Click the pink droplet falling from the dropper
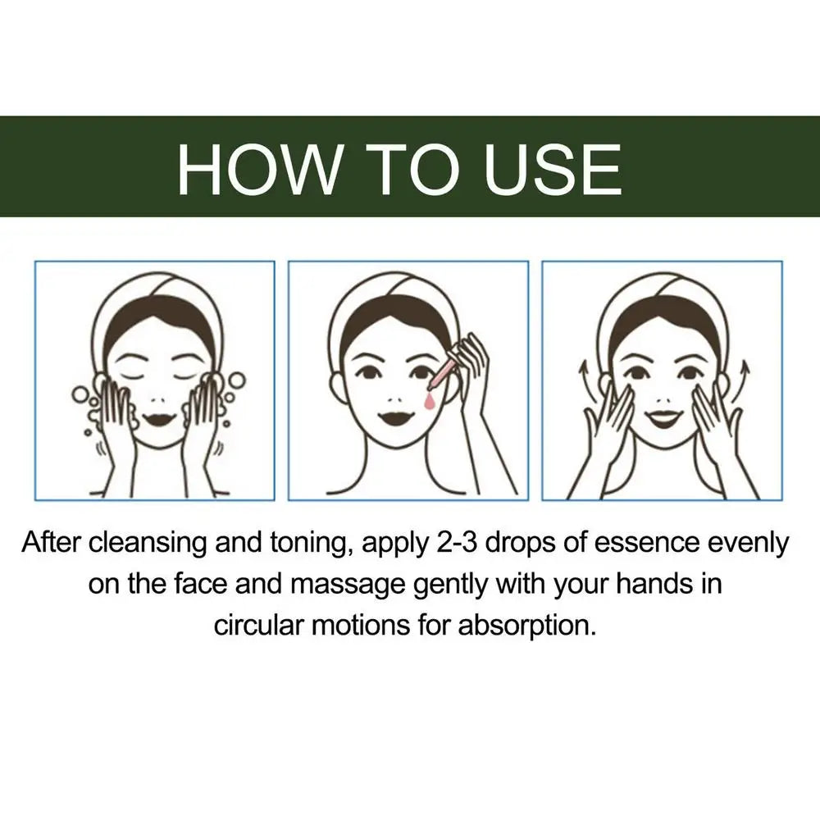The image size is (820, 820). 428,399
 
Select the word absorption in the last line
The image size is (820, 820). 525,626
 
